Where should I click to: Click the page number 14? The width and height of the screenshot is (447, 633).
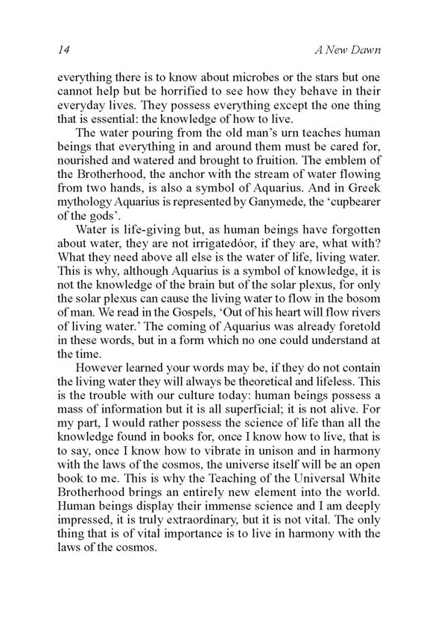(63, 50)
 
